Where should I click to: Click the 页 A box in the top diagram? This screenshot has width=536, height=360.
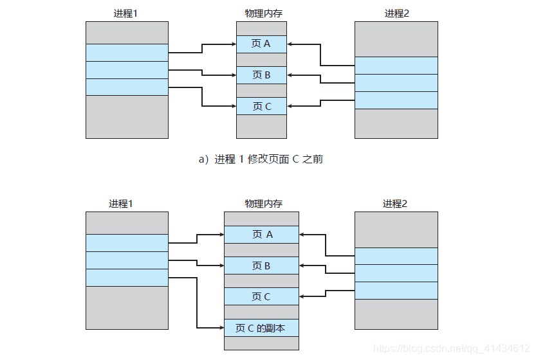261,44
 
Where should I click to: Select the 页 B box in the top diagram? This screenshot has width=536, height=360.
261,75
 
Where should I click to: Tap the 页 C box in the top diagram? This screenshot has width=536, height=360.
261,106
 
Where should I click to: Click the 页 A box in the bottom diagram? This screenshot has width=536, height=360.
261,235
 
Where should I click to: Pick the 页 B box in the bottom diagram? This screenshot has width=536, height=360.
261,265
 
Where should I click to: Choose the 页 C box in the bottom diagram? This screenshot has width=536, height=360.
261,296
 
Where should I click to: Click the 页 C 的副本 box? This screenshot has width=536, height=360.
261,328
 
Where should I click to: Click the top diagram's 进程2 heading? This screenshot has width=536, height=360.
397,13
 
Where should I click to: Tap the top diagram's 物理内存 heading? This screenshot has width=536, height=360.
261,13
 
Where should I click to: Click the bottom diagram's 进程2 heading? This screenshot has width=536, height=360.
397,204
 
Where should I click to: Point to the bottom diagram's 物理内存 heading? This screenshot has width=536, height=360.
261,204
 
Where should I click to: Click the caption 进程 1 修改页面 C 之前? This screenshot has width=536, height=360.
261,159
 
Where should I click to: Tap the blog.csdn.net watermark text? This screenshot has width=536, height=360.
450,348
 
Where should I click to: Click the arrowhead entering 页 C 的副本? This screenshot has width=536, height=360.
221,328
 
